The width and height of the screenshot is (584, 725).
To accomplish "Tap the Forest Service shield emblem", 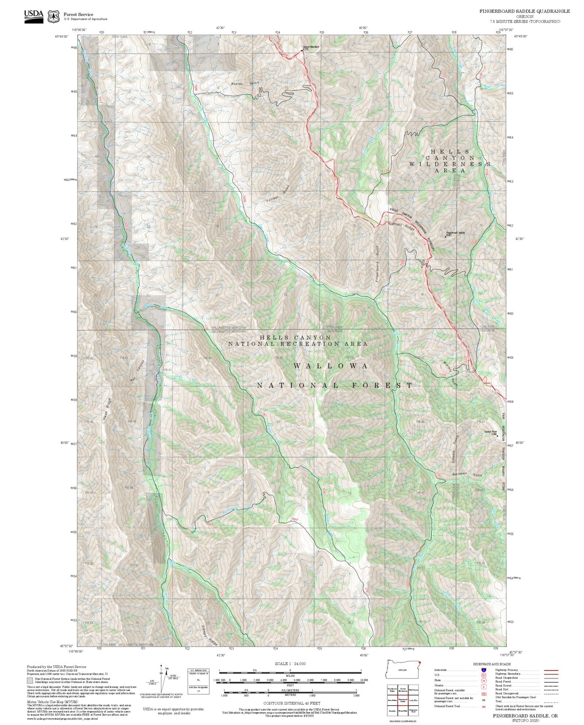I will (x=53, y=17).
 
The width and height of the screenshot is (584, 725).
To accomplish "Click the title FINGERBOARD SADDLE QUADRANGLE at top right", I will (x=524, y=11).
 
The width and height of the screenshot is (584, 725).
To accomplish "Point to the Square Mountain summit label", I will (x=310, y=47).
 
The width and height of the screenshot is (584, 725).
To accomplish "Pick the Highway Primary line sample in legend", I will (x=551, y=670).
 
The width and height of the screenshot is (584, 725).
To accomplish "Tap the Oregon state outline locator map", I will (x=403, y=671).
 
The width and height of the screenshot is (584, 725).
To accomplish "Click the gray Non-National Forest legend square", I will (x=30, y=681).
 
